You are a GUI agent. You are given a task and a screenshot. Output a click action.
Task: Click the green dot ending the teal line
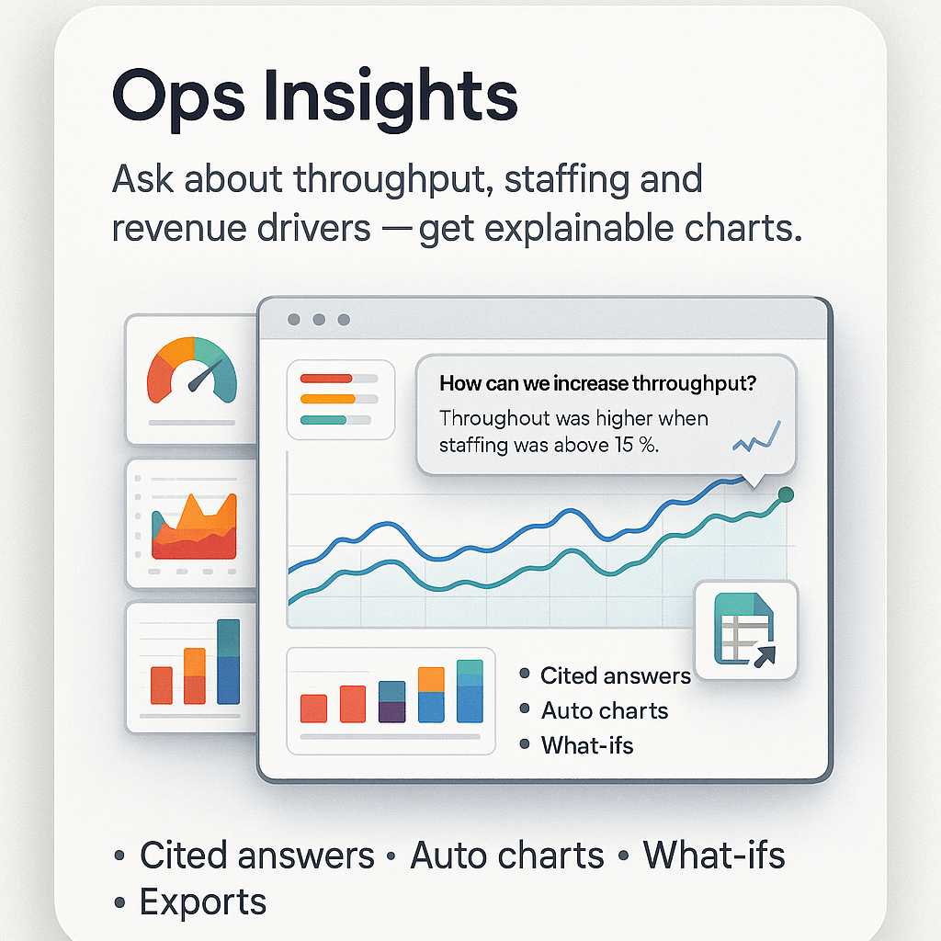(785, 494)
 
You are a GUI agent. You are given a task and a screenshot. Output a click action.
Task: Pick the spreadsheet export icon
(745, 629)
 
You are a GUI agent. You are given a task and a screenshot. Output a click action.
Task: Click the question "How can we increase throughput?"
(604, 383)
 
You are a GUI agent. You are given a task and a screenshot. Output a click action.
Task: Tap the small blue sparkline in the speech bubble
(755, 436)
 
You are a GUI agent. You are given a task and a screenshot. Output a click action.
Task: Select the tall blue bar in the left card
(228, 662)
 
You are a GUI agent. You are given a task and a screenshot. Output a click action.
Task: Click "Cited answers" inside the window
(615, 676)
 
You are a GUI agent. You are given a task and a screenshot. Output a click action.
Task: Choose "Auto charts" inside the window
(604, 710)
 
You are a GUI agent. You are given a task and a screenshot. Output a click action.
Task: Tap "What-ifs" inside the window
(586, 744)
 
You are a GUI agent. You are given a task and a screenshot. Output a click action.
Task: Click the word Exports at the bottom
(202, 902)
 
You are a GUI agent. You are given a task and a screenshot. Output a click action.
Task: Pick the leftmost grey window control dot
(294, 320)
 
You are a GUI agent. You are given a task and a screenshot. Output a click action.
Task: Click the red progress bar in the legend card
(326, 378)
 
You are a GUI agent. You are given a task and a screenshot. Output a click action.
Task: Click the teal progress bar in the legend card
(323, 420)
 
